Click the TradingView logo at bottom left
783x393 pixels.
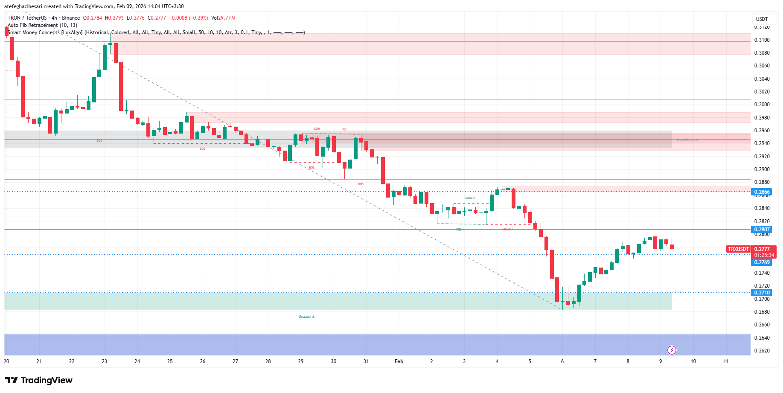[39, 380]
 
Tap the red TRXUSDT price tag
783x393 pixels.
[738, 249]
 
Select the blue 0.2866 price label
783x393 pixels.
[762, 192]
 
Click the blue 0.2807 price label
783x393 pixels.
[762, 230]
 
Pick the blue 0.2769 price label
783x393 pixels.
[762, 262]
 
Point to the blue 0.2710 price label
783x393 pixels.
[762, 293]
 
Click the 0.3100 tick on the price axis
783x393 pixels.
[762, 40]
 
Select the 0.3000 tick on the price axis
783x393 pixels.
[762, 105]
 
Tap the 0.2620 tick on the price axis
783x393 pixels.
[762, 351]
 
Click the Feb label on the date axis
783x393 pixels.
[399, 361]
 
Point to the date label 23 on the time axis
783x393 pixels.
[105, 361]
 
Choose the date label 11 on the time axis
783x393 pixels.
[726, 361]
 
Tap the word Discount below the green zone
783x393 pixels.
[306, 317]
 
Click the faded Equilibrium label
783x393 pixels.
[687, 140]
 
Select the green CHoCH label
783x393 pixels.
[469, 198]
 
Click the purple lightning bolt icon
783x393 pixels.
[672, 350]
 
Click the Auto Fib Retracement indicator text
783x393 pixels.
[42, 25]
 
